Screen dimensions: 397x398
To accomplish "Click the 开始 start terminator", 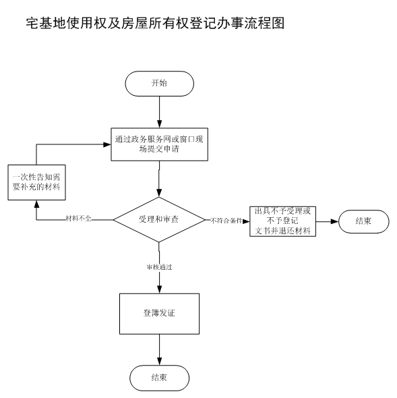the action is tap(159, 84).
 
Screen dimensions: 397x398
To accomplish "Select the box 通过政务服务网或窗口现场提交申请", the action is tap(159, 144).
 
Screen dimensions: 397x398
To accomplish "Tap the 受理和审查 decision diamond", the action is tap(159, 219).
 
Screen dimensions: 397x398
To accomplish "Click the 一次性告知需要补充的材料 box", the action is tap(37, 182).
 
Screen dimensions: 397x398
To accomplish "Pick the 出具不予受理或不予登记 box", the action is tap(282, 221).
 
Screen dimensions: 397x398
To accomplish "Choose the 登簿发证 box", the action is tap(159, 314).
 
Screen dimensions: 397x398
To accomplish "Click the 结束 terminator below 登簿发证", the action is tap(159, 378).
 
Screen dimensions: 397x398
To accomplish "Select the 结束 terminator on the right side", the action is tap(363, 221).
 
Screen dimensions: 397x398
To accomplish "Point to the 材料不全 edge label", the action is tap(78, 219).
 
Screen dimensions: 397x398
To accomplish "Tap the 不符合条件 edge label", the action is tap(226, 221).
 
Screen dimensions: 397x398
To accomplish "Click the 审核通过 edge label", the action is tap(159, 267).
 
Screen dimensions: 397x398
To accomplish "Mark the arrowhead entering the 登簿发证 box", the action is tap(159, 289).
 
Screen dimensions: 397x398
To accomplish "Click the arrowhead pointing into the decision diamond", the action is tap(159, 193).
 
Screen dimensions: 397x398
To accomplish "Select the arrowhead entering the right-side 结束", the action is tap(334, 221).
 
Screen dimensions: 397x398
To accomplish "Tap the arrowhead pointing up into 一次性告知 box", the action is tap(37, 204).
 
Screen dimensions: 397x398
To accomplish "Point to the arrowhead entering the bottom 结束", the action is tap(159, 362).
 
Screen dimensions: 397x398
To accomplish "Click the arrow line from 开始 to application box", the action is tap(159, 112).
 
